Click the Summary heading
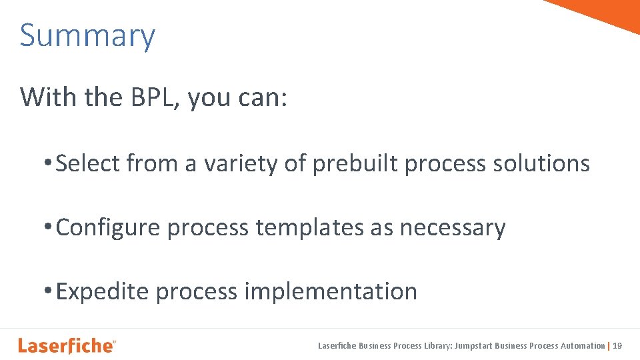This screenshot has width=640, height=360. [x=87, y=36]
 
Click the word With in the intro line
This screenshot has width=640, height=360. [x=49, y=97]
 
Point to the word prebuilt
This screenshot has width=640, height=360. [x=355, y=163]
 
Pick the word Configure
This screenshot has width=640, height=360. [x=108, y=228]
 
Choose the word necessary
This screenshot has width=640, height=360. [x=453, y=228]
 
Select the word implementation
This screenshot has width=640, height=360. [x=331, y=292]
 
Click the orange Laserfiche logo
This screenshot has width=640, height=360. [x=66, y=345]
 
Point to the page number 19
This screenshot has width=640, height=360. [x=617, y=346]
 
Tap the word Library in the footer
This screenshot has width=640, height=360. [x=437, y=346]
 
